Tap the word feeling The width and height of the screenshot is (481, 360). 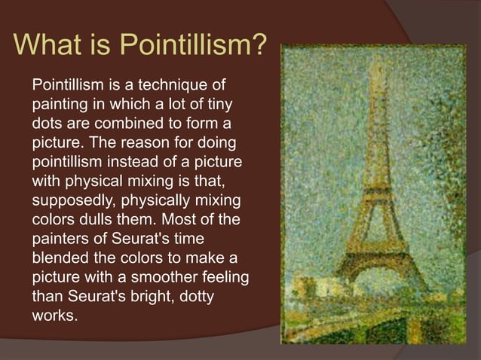click(x=226, y=278)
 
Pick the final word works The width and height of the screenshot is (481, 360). click(x=53, y=317)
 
